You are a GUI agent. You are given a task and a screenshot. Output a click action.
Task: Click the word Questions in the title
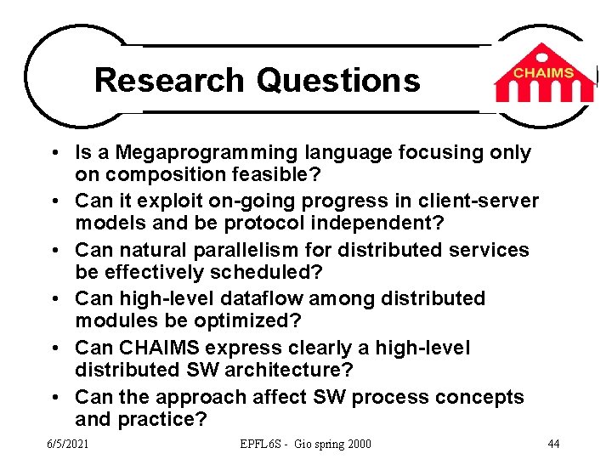(338, 80)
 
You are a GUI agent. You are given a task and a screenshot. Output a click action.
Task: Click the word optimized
(246, 320)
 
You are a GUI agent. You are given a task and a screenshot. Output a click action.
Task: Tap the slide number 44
(552, 444)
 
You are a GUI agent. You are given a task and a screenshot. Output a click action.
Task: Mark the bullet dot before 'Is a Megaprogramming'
(54, 154)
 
